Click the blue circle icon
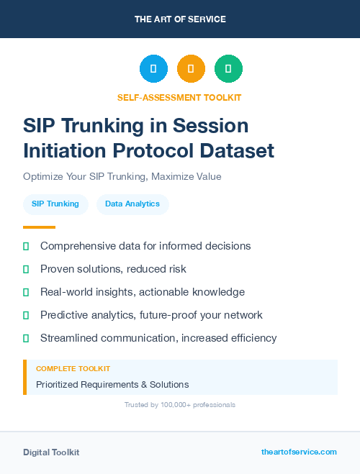click(x=153, y=69)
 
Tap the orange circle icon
click(x=191, y=69)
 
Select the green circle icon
click(x=228, y=69)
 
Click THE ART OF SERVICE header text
click(x=180, y=19)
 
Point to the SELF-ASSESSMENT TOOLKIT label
click(x=179, y=98)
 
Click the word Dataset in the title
click(x=238, y=151)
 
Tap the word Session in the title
click(x=214, y=125)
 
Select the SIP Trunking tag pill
click(x=55, y=204)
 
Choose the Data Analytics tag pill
click(x=132, y=204)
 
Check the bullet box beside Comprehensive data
click(x=26, y=246)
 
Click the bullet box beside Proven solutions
click(x=26, y=269)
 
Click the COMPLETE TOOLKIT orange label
click(x=73, y=368)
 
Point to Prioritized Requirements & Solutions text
click(x=112, y=385)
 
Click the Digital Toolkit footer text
click(x=51, y=452)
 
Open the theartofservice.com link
click(x=299, y=452)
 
